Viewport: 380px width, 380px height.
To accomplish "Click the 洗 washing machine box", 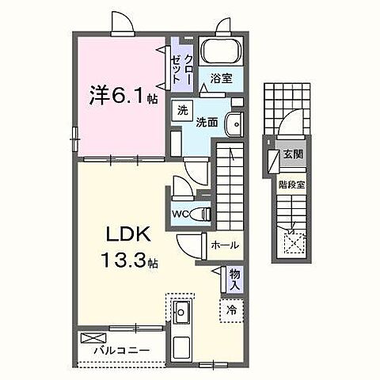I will [x=183, y=112].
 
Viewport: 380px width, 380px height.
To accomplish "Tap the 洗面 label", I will [x=207, y=123].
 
